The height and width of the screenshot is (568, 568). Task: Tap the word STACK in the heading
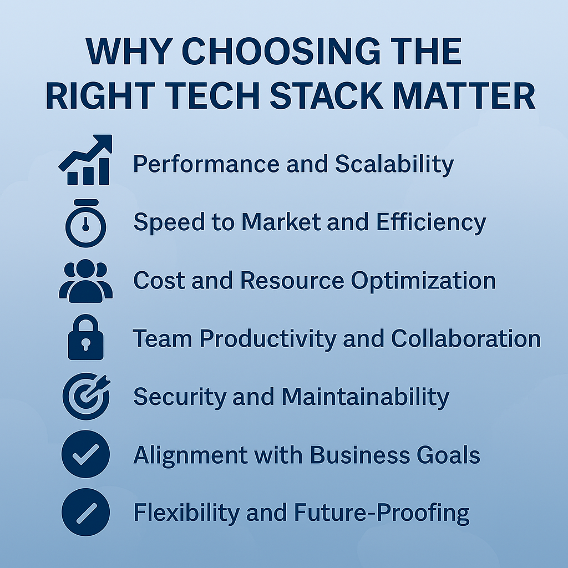coord(326,95)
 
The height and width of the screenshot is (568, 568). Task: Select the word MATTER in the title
coord(464,95)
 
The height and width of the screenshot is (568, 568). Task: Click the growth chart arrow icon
coord(85,160)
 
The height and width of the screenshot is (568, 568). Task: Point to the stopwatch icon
coord(86,223)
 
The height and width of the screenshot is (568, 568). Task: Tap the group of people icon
coord(86,281)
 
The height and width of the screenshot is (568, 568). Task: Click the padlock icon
coord(86,337)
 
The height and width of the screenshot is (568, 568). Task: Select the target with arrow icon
coord(86,396)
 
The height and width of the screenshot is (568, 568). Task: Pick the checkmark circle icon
coord(85,454)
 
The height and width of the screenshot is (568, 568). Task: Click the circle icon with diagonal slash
coord(86,512)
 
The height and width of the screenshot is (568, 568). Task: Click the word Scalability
coord(394,164)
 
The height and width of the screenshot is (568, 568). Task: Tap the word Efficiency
coord(431,222)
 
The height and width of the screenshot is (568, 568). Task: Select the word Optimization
coord(423,281)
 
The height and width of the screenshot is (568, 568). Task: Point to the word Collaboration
coord(466,338)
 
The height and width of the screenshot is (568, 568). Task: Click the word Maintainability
coord(365,397)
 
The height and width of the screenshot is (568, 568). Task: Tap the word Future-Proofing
coord(382,513)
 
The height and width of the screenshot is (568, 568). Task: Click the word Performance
coord(206,164)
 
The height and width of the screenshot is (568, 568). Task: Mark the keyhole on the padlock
coord(86,344)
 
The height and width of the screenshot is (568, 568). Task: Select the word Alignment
coord(190,455)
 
